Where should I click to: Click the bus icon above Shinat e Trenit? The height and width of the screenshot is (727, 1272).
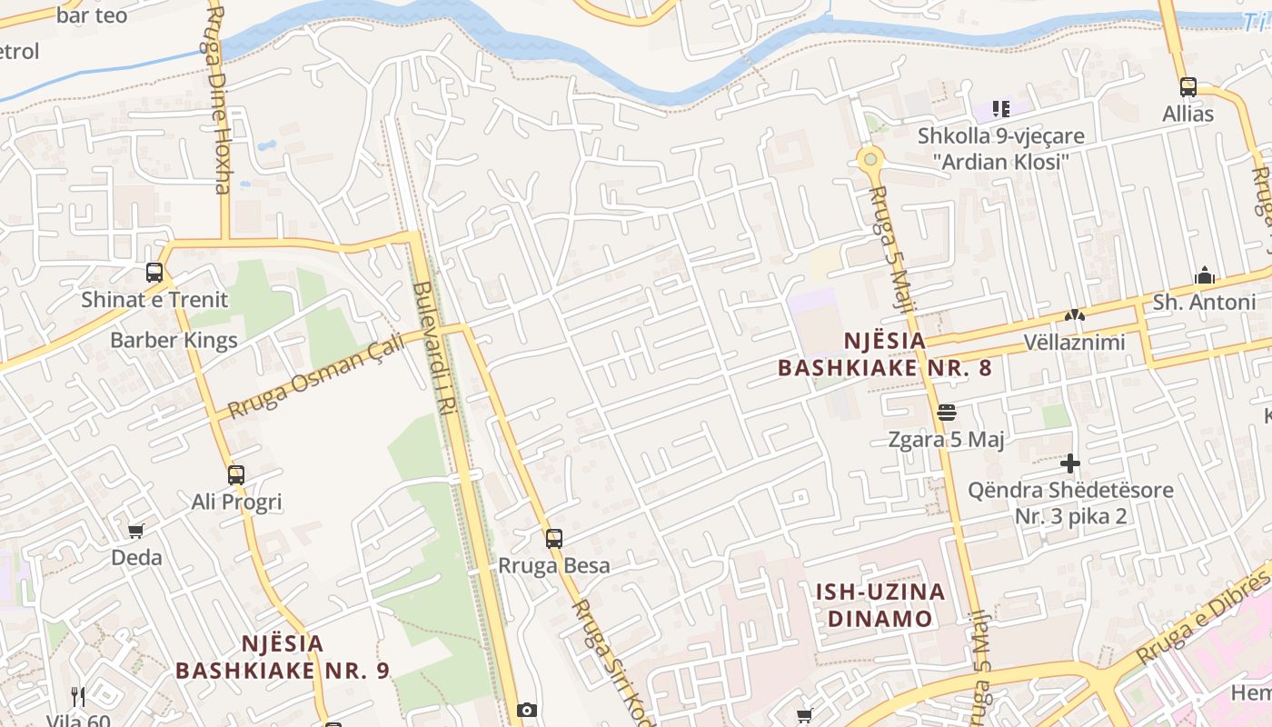click(x=154, y=273)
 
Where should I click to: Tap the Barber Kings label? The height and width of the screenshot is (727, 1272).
click(x=174, y=341)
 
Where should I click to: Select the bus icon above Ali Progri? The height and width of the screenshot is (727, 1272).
click(x=236, y=474)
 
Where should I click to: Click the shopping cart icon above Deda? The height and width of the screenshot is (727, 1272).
click(x=136, y=531)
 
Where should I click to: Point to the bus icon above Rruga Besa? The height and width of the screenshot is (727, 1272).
click(x=554, y=538)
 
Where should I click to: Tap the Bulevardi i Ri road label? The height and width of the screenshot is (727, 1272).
click(x=434, y=345)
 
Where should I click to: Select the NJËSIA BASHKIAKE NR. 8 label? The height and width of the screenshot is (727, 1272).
click(x=884, y=354)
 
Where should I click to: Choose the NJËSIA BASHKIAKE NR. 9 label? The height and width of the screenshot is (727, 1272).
click(x=283, y=657)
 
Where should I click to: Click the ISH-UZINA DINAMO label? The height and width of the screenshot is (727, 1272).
click(x=879, y=605)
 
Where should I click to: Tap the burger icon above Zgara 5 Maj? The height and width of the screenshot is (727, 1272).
click(x=947, y=413)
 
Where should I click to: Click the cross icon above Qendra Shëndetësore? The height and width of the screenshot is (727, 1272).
click(x=1070, y=463)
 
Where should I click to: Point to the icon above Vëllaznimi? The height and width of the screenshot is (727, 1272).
click(x=1074, y=316)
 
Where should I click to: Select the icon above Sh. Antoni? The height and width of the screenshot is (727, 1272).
click(x=1205, y=275)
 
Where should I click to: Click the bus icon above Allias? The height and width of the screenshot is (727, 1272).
click(x=1188, y=87)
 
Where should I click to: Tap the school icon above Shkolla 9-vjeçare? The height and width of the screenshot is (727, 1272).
click(x=1000, y=109)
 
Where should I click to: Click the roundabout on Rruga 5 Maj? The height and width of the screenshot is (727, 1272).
click(x=870, y=159)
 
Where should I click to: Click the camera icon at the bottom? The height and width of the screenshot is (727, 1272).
click(x=527, y=710)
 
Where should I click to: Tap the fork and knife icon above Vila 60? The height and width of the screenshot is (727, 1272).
click(x=78, y=697)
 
